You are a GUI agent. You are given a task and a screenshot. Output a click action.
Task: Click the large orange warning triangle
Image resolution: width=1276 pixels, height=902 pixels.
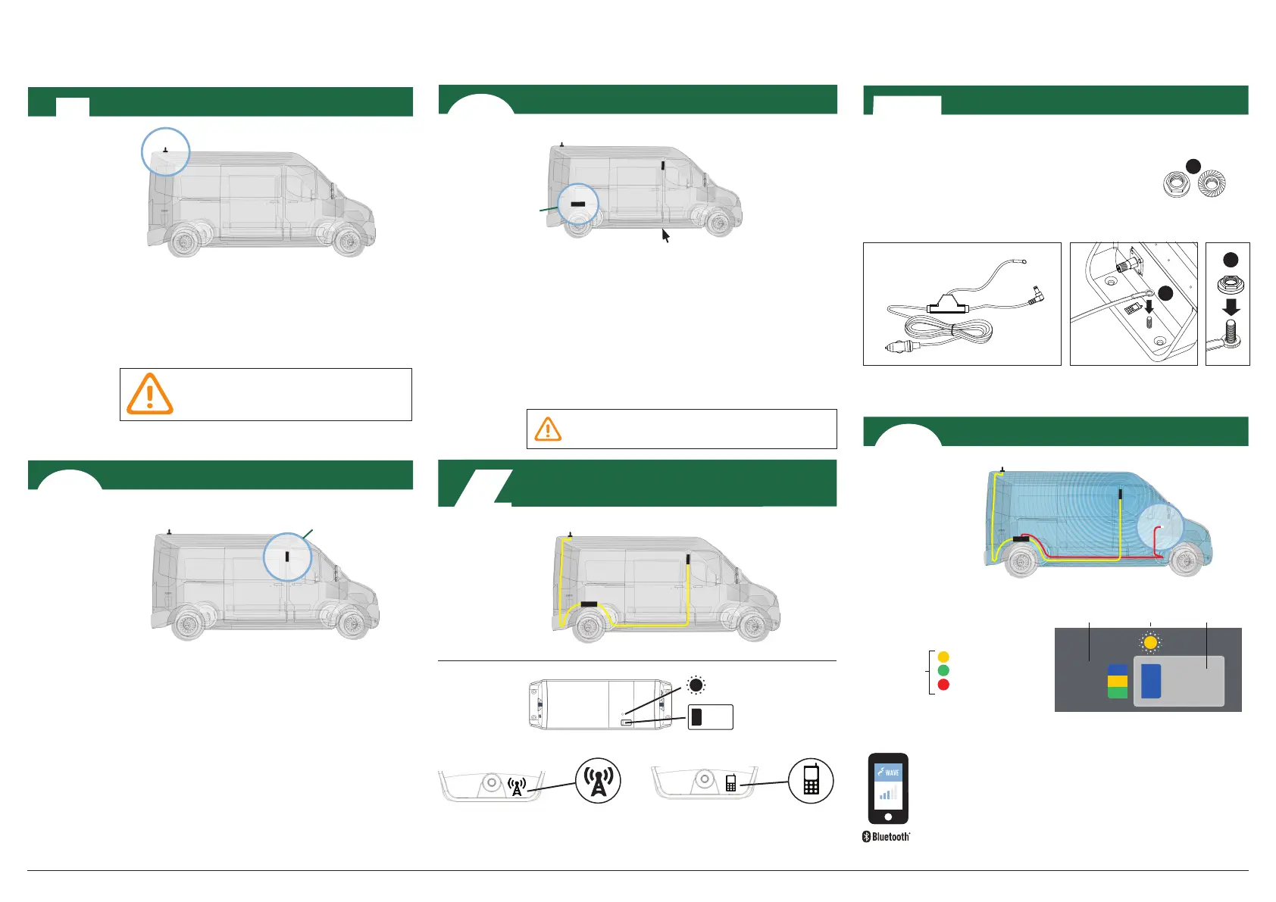(150, 394)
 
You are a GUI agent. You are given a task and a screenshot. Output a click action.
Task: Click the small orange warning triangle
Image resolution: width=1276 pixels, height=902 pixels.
(548, 429)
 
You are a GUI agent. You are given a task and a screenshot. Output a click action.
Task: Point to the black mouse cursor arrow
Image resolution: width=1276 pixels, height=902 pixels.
(665, 236)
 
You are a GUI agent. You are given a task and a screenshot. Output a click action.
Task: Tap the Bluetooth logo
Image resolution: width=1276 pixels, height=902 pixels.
(887, 837)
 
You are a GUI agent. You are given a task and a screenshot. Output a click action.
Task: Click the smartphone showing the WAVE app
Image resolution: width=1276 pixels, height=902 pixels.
(888, 788)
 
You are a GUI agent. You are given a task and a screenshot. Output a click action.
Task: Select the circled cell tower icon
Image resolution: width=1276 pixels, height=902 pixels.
(598, 781)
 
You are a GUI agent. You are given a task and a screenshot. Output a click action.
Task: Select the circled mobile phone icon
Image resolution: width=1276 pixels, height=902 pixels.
(811, 781)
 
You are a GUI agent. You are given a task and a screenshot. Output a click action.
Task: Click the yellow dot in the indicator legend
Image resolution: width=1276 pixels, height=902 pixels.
(943, 657)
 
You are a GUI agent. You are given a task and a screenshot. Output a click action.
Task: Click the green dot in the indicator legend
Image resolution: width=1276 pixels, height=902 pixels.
(943, 670)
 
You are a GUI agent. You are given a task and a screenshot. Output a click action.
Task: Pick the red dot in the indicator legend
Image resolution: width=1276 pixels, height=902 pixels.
(943, 685)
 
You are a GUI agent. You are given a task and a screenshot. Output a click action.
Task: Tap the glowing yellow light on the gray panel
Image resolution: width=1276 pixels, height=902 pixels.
(1150, 643)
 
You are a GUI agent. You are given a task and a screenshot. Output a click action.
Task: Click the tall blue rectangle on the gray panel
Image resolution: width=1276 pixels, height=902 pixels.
(1151, 681)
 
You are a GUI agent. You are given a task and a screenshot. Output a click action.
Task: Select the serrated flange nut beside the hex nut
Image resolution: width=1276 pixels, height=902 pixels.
(1212, 183)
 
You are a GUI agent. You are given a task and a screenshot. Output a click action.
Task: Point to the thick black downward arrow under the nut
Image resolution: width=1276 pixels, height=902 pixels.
(1231, 307)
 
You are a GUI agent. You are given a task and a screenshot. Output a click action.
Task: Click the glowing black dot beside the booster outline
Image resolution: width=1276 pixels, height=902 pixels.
(696, 686)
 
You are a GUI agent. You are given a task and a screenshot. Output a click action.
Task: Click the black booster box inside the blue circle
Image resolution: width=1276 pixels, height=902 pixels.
(578, 204)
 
